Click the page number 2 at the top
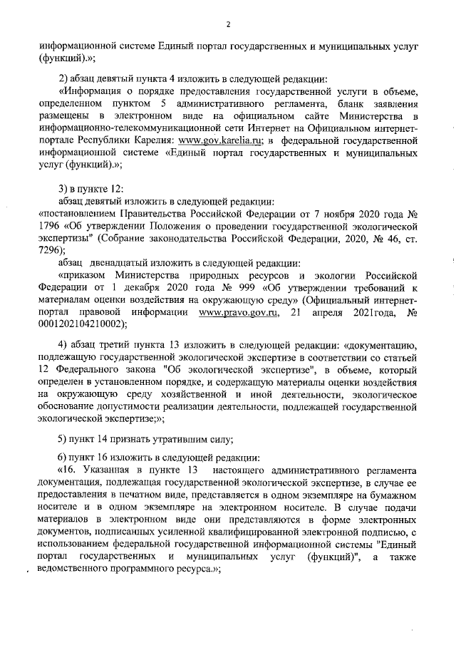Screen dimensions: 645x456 pyautogui.click(x=228, y=24)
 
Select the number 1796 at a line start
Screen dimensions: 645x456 pyautogui.click(x=49, y=227)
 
